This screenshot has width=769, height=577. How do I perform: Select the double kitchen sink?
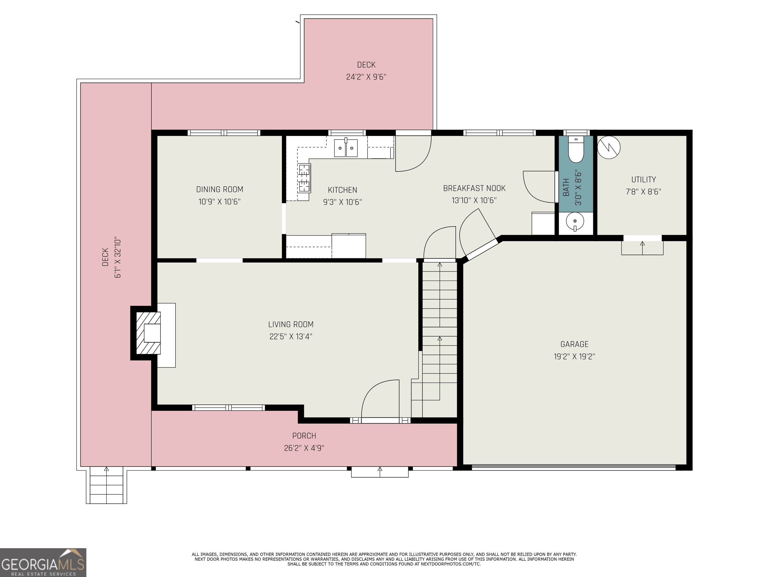[x=346, y=148]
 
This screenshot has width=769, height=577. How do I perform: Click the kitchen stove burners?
[x=304, y=178]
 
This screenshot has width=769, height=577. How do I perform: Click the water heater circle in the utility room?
[x=609, y=148]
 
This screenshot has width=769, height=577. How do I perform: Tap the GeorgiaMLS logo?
[x=43, y=562]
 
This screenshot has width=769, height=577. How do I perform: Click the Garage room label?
[x=574, y=344]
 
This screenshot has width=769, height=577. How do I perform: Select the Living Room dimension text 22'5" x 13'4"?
[x=291, y=337]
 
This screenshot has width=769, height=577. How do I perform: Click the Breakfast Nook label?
[x=474, y=188]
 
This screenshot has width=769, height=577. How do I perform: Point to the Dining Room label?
[x=220, y=189]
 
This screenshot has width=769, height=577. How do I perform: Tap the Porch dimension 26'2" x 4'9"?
[x=304, y=448]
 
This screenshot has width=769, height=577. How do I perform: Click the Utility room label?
[x=644, y=180]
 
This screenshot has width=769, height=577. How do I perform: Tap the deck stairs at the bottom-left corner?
[x=106, y=485]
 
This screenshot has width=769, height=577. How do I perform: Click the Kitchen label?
[x=342, y=190]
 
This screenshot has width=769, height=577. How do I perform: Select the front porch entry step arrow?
[x=380, y=472]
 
